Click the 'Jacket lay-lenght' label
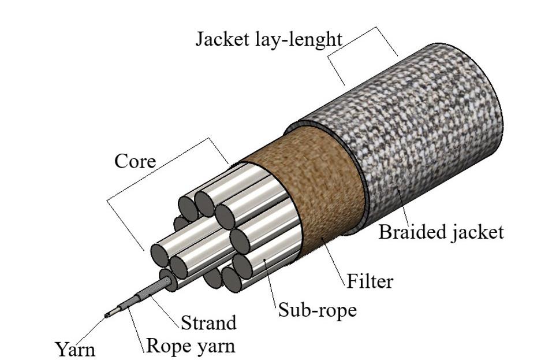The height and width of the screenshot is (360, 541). point(268,39)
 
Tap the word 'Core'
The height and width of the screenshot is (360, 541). point(135,160)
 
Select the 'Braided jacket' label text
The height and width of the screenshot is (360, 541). point(441,232)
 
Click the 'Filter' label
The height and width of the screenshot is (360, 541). point(370,281)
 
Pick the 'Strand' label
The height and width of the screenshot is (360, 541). point(208,322)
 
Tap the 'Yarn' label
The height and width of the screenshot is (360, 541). point(75,349)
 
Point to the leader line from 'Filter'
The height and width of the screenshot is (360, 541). point(335,260)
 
